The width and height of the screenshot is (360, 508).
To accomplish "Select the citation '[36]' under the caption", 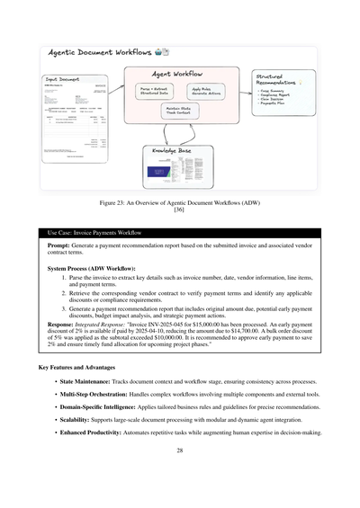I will [x=180, y=211].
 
